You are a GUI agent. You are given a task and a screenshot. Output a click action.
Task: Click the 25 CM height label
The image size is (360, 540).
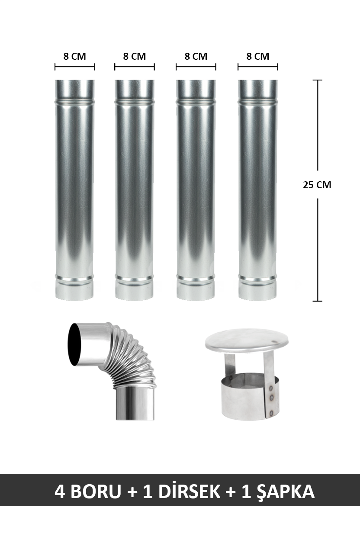pyautogui.click(x=317, y=185)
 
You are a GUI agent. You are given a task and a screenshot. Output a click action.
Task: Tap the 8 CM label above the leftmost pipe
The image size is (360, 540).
pyautogui.click(x=75, y=56)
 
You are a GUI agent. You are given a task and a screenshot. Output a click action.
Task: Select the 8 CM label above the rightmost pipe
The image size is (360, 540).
pyautogui.click(x=258, y=56)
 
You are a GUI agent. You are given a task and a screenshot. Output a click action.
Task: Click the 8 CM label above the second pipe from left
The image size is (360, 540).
pyautogui.click(x=135, y=56)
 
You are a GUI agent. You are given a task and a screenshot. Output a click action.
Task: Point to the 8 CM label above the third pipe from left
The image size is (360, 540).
pyautogui.click(x=196, y=56)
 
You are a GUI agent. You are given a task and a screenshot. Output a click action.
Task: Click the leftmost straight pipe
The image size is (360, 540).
pyautogui.click(x=75, y=190)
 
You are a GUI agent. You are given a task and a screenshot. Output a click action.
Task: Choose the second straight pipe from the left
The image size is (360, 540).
pyautogui.click(x=135, y=190)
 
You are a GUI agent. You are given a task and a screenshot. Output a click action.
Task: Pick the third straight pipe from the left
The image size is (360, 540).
pyautogui.click(x=196, y=190)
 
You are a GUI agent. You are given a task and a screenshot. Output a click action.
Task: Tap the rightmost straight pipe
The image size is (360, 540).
pyautogui.click(x=258, y=190)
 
